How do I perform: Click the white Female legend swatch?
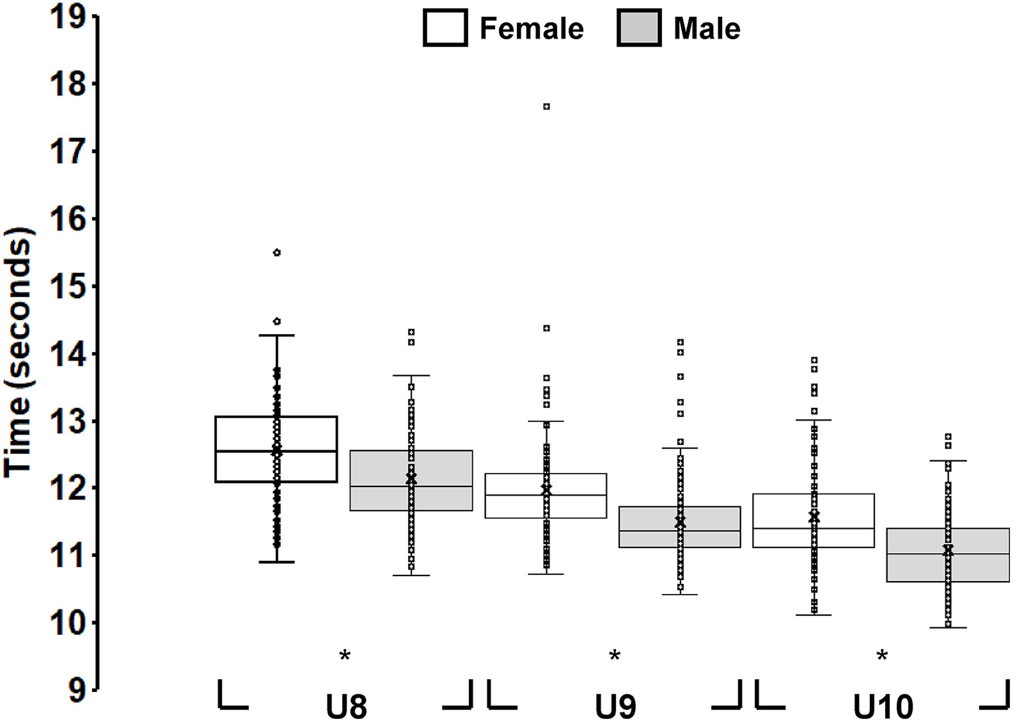445,28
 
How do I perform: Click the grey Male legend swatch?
639,28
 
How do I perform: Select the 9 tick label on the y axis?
77,691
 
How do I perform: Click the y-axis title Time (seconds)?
18,353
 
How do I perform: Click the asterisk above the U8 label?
345,656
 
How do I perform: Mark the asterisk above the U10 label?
882,656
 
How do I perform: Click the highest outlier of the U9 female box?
547,106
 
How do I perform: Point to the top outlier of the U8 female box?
277,253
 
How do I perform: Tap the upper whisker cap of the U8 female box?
277,335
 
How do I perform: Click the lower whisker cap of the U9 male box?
680,595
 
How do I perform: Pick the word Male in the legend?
707,29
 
